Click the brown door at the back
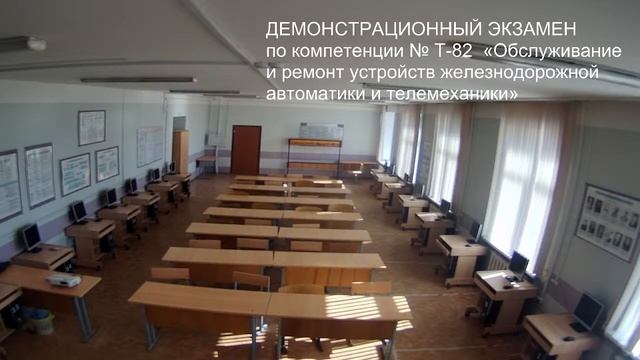click(245, 149)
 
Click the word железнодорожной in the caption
click(526, 72)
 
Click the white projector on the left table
click(63, 280)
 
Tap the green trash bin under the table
click(38, 320)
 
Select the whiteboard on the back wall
click(321, 132)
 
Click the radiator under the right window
click(497, 262)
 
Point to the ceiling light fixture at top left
click(22, 44)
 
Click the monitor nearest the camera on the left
click(30, 236)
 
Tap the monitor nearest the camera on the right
click(588, 311)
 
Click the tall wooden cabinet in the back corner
click(180, 150)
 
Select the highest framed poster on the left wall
click(91, 127)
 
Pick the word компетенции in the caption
click(329, 50)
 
